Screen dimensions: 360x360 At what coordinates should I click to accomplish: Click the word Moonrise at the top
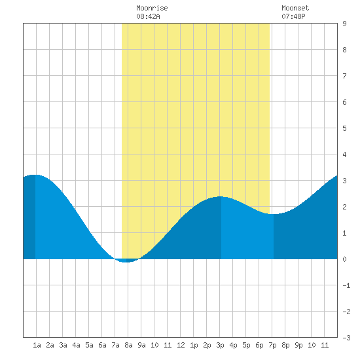[x=152, y=8]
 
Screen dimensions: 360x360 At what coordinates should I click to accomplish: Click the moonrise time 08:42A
[x=148, y=16]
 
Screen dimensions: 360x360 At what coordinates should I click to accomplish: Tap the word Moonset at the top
[x=295, y=8]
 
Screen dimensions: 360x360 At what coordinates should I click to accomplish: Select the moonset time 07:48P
[x=293, y=16]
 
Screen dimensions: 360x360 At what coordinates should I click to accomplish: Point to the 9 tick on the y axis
[x=344, y=24]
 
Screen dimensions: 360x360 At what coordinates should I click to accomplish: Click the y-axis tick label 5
[x=344, y=128]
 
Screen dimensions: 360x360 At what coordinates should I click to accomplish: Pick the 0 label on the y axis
[x=344, y=259]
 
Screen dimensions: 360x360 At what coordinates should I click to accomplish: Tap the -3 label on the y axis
[x=346, y=338]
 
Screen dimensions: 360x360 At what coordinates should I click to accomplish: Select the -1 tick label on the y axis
[x=346, y=285]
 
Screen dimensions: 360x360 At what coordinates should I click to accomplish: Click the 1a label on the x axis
[x=37, y=345]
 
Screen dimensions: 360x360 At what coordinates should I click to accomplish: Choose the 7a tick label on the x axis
[x=115, y=345]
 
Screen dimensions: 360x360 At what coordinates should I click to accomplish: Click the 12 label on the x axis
[x=181, y=345]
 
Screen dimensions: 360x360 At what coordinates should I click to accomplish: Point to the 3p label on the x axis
[x=220, y=345]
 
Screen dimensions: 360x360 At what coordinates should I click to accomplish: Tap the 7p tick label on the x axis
[x=272, y=345]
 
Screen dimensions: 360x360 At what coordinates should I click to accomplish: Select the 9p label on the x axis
[x=298, y=345]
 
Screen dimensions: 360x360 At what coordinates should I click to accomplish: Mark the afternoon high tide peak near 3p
[x=220, y=197]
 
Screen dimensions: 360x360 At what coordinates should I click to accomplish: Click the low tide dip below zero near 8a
[x=125, y=262]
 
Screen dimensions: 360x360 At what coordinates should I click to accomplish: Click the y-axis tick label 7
[x=344, y=76]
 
